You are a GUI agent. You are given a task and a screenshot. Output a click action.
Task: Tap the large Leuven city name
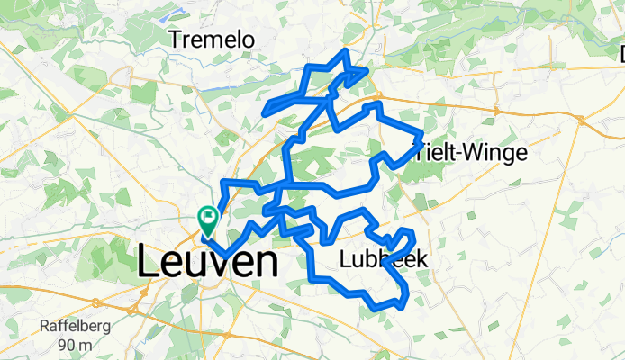click(x=207, y=262)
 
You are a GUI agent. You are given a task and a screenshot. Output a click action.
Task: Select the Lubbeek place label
click(x=384, y=259)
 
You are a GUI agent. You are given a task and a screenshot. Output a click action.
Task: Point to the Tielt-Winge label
click(x=469, y=153)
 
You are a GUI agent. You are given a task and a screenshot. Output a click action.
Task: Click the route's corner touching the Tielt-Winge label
click(x=421, y=137)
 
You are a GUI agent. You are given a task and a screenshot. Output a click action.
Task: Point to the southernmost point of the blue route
click(x=394, y=308)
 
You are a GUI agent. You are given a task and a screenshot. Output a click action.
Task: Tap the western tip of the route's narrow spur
click(x=264, y=112)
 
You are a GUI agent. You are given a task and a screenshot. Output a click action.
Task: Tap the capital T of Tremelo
click(x=175, y=40)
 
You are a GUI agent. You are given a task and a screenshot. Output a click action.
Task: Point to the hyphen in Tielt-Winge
click(x=455, y=155)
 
